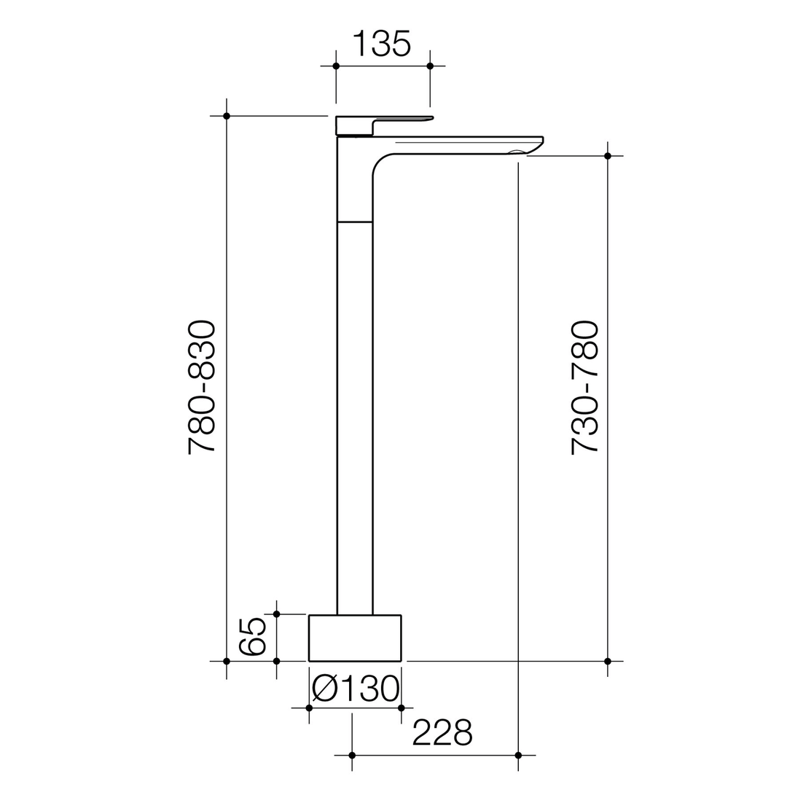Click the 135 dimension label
[x=382, y=44]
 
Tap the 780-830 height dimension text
[x=202, y=387]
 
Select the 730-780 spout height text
[x=584, y=387]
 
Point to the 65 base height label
[x=253, y=637]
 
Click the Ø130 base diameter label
[x=356, y=689]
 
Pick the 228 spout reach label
[x=442, y=732]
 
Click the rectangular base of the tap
[x=355, y=638]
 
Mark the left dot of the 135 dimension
[x=336, y=66]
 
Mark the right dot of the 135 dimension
[x=430, y=66]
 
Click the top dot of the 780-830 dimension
[x=227, y=116]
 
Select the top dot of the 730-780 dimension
[x=608, y=156]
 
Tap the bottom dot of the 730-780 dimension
[x=608, y=662]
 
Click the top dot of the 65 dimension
[x=276, y=614]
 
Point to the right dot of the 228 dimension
[x=518, y=755]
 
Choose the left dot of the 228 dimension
[x=352, y=755]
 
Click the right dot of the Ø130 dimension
[x=401, y=708]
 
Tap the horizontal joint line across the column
[x=355, y=222]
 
